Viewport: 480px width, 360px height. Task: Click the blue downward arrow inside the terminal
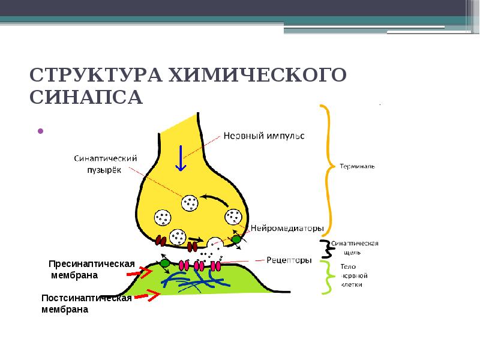click(181, 158)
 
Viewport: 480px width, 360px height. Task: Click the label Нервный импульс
click(264, 136)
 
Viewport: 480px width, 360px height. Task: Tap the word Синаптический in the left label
click(106, 158)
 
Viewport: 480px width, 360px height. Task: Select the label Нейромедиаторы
click(287, 228)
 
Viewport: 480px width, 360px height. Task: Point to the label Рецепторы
click(289, 260)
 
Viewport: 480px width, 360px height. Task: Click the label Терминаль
click(357, 166)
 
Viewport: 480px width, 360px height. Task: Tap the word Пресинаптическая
click(92, 264)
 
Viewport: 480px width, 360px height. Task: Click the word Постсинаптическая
click(86, 298)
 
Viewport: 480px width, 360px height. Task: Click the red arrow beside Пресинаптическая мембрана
click(140, 272)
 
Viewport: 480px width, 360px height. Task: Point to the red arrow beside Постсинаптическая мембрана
click(147, 295)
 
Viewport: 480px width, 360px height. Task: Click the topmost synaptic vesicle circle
click(190, 203)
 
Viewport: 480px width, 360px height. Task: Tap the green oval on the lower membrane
click(164, 263)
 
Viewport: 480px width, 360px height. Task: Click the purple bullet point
click(40, 131)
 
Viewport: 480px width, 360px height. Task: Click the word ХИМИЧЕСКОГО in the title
click(257, 74)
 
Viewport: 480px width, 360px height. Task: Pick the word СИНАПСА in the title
click(86, 97)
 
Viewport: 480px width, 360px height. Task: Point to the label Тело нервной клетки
click(354, 275)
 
